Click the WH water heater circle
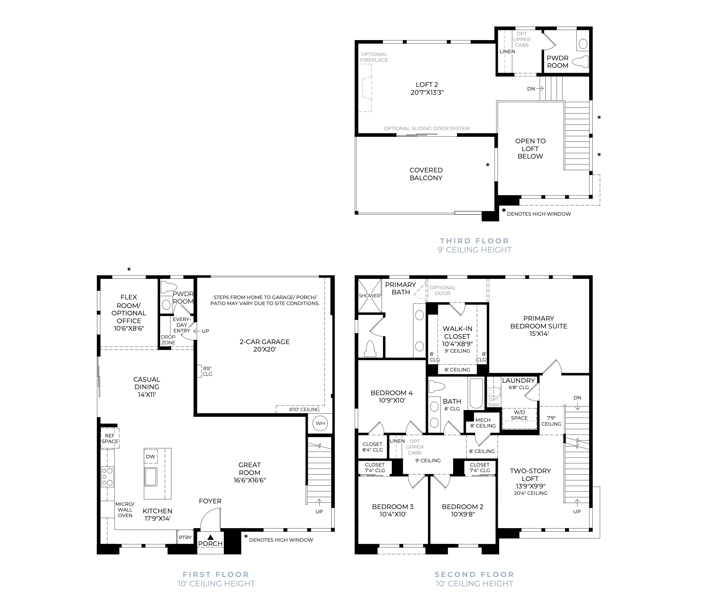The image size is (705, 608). pyautogui.click(x=320, y=423)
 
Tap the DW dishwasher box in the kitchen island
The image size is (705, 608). pyautogui.click(x=151, y=456)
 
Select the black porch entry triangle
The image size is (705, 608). pyautogui.click(x=210, y=537)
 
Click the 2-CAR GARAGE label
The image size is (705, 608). pyautogui.click(x=265, y=342)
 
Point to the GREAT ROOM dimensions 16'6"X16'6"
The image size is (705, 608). pyautogui.click(x=249, y=480)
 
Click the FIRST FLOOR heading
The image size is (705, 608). pyautogui.click(x=216, y=574)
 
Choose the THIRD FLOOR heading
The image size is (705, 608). pyautogui.click(x=474, y=241)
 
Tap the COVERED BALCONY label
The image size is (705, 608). pyautogui.click(x=426, y=174)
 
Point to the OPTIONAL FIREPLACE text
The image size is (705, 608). pyautogui.click(x=374, y=57)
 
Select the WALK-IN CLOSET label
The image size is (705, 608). pyautogui.click(x=457, y=332)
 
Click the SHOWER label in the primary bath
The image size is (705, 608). pyautogui.click(x=370, y=295)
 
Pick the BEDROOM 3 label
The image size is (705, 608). pyautogui.click(x=393, y=507)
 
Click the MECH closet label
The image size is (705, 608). pyautogui.click(x=483, y=420)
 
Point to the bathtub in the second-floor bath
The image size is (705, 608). pyautogui.click(x=476, y=393)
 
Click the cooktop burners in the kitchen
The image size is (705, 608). pyautogui.click(x=107, y=476)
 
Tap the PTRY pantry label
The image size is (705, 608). pyautogui.click(x=185, y=537)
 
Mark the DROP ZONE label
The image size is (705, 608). pyautogui.click(x=168, y=340)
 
